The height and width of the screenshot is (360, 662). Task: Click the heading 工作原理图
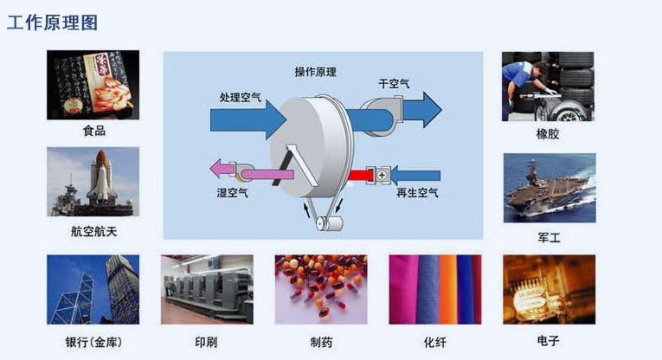pos(52,22)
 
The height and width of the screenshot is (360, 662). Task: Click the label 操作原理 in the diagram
pos(315,72)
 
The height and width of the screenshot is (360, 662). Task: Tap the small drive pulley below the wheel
pos(327,224)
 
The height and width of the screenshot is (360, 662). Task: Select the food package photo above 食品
pos(93,85)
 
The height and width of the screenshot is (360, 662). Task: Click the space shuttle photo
pos(93,182)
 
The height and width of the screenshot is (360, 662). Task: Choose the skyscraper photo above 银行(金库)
pos(93,290)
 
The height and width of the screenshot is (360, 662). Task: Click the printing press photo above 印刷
pos(207,290)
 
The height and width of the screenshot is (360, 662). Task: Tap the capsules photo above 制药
pos(321,290)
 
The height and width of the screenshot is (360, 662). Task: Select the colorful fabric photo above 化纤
pos(435,290)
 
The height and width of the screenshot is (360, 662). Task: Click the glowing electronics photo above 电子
pos(550,290)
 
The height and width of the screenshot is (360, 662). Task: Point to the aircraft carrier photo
pos(550,188)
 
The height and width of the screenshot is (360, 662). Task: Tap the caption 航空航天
pos(93,232)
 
